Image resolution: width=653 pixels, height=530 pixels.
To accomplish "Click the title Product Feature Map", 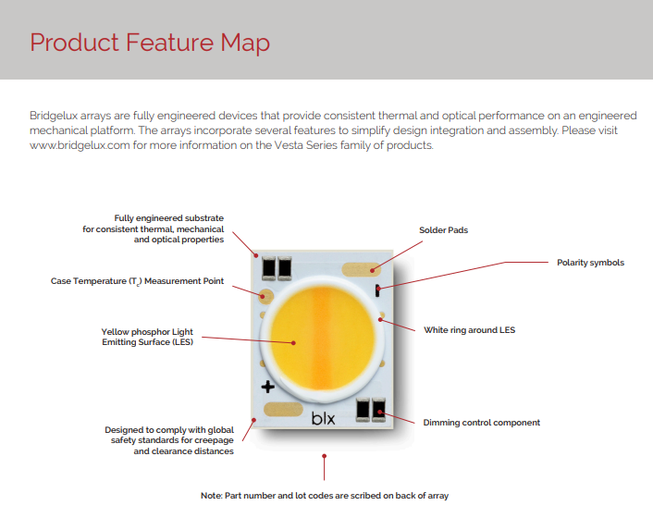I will [x=150, y=43].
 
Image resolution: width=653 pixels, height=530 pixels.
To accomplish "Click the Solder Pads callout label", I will [x=444, y=229].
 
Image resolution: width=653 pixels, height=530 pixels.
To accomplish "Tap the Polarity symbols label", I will [x=590, y=263].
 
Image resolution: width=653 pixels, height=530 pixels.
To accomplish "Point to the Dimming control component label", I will [x=481, y=423].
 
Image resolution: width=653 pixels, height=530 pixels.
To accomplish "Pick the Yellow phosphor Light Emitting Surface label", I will [x=147, y=337].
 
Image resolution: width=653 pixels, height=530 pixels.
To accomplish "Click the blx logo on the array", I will [x=323, y=420].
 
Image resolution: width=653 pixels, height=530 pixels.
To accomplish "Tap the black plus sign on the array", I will [x=268, y=386].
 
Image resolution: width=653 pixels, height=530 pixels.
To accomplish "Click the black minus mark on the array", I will [x=379, y=291].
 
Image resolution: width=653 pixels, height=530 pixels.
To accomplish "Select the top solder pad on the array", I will [x=362, y=269].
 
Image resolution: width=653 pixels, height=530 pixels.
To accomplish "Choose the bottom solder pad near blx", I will [x=282, y=409].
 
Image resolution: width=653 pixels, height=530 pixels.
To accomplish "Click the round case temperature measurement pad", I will [x=267, y=297].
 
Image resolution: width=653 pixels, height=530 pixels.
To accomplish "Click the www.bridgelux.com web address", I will [x=83, y=145].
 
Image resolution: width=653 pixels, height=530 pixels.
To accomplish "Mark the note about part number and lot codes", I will [x=325, y=496].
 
